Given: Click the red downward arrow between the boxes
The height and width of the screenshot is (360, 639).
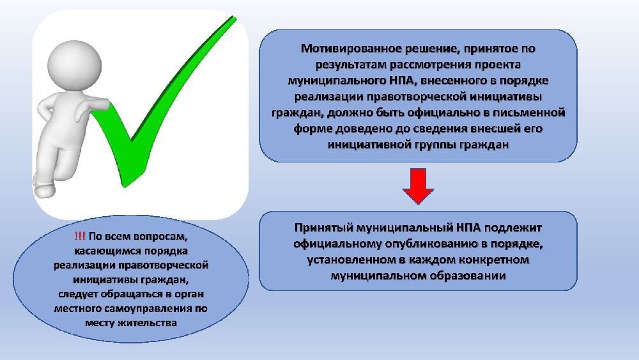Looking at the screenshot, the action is [418, 185].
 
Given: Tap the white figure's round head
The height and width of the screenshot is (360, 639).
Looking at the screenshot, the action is [74, 66].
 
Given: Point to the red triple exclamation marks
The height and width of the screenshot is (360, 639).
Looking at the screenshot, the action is [80, 236].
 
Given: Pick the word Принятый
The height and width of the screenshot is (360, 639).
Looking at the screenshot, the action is [322, 228].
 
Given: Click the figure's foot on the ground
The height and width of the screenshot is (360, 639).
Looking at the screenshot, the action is [44, 191].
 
